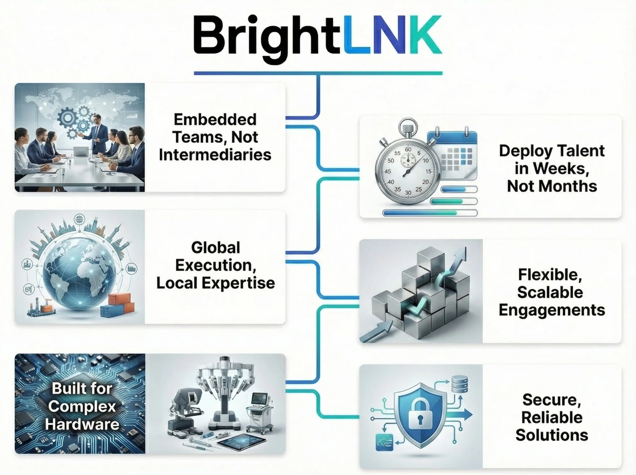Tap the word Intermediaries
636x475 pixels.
pos(215,155)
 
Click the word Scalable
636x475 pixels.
pos(550,293)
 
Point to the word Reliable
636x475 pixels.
pos(552,417)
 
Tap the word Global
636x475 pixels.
pos(215,248)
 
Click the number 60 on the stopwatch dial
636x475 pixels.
pos(408,149)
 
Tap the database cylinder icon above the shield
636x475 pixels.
pos(460,384)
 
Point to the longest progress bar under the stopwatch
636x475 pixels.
pos(430,213)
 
